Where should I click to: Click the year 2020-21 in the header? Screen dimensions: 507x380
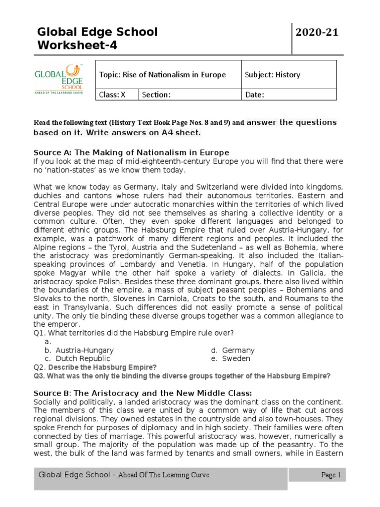point(317,33)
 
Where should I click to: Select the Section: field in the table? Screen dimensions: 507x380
point(190,95)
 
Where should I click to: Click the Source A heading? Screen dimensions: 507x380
point(131,152)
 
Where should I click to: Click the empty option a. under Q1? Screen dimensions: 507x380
point(47,342)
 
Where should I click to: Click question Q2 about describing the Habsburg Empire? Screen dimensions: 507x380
point(95,367)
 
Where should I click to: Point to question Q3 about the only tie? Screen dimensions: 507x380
point(182,376)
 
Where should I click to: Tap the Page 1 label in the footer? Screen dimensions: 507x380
point(331,475)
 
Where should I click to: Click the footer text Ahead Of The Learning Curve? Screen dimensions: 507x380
point(164,475)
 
